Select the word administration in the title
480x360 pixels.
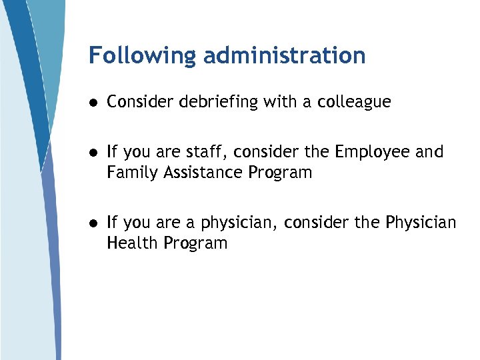285,55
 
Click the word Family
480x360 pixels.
129,173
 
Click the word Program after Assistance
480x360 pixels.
280,173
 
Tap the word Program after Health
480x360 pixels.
195,243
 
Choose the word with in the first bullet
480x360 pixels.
279,102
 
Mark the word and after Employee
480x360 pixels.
429,153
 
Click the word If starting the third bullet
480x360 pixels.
112,222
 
